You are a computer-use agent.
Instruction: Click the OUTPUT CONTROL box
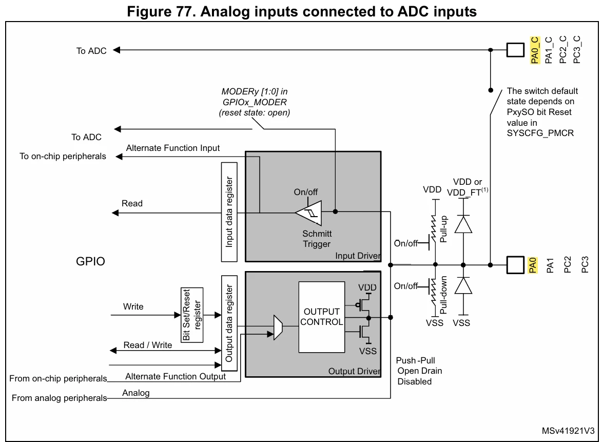click(321, 317)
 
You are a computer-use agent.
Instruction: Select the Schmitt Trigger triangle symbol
click(309, 213)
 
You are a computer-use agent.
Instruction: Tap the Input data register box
click(229, 212)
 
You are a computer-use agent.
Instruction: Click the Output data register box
click(229, 323)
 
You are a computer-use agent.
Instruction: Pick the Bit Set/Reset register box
click(192, 315)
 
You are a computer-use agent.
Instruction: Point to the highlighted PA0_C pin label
click(535, 50)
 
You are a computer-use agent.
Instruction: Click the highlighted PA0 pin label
click(533, 265)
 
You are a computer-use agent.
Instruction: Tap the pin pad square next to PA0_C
click(515, 50)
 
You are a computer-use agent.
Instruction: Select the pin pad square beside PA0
click(515, 265)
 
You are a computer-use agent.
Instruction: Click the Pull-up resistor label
click(443, 229)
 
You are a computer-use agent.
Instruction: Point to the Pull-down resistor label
click(443, 295)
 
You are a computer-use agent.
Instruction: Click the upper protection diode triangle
click(463, 224)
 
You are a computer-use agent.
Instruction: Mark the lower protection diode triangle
click(463, 285)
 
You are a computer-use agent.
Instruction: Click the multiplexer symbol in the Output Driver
click(278, 328)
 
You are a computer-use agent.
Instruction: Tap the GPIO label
click(90, 262)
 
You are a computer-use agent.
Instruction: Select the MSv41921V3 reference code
click(568, 431)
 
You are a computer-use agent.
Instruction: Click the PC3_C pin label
click(577, 50)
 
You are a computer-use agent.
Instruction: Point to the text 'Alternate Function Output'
click(176, 376)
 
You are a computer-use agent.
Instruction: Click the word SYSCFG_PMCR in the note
click(540, 133)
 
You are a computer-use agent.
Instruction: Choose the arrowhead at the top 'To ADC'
click(116, 50)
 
